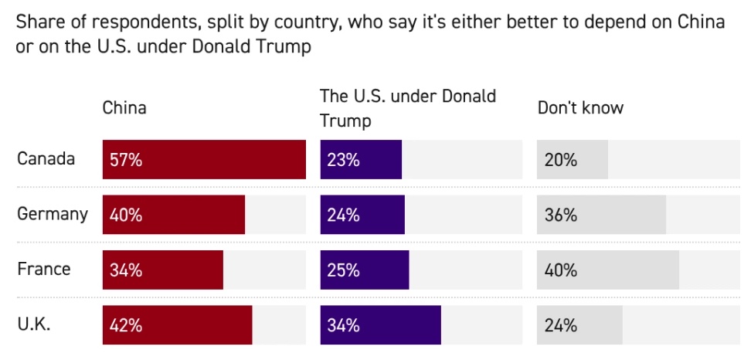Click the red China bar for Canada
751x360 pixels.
tap(204, 160)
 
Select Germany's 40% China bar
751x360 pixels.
tap(174, 215)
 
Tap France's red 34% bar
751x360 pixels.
tap(163, 270)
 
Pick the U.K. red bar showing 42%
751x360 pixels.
tap(177, 325)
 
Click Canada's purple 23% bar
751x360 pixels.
tap(361, 160)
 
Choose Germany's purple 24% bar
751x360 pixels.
tap(362, 215)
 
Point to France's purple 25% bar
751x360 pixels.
tap(365, 270)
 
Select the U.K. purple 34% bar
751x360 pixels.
tap(380, 325)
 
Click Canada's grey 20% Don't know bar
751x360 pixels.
tap(573, 160)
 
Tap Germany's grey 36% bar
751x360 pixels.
tap(601, 215)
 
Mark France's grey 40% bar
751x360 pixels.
tap(608, 270)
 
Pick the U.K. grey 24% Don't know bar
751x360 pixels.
tap(579, 325)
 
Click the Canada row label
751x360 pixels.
tap(46, 159)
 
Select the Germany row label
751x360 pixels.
tap(53, 214)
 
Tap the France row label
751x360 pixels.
tap(43, 269)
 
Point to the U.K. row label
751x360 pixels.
tap(34, 324)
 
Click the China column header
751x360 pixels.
tap(124, 107)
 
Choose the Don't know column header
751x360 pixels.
tap(580, 107)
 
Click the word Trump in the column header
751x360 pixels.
tap(345, 121)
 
